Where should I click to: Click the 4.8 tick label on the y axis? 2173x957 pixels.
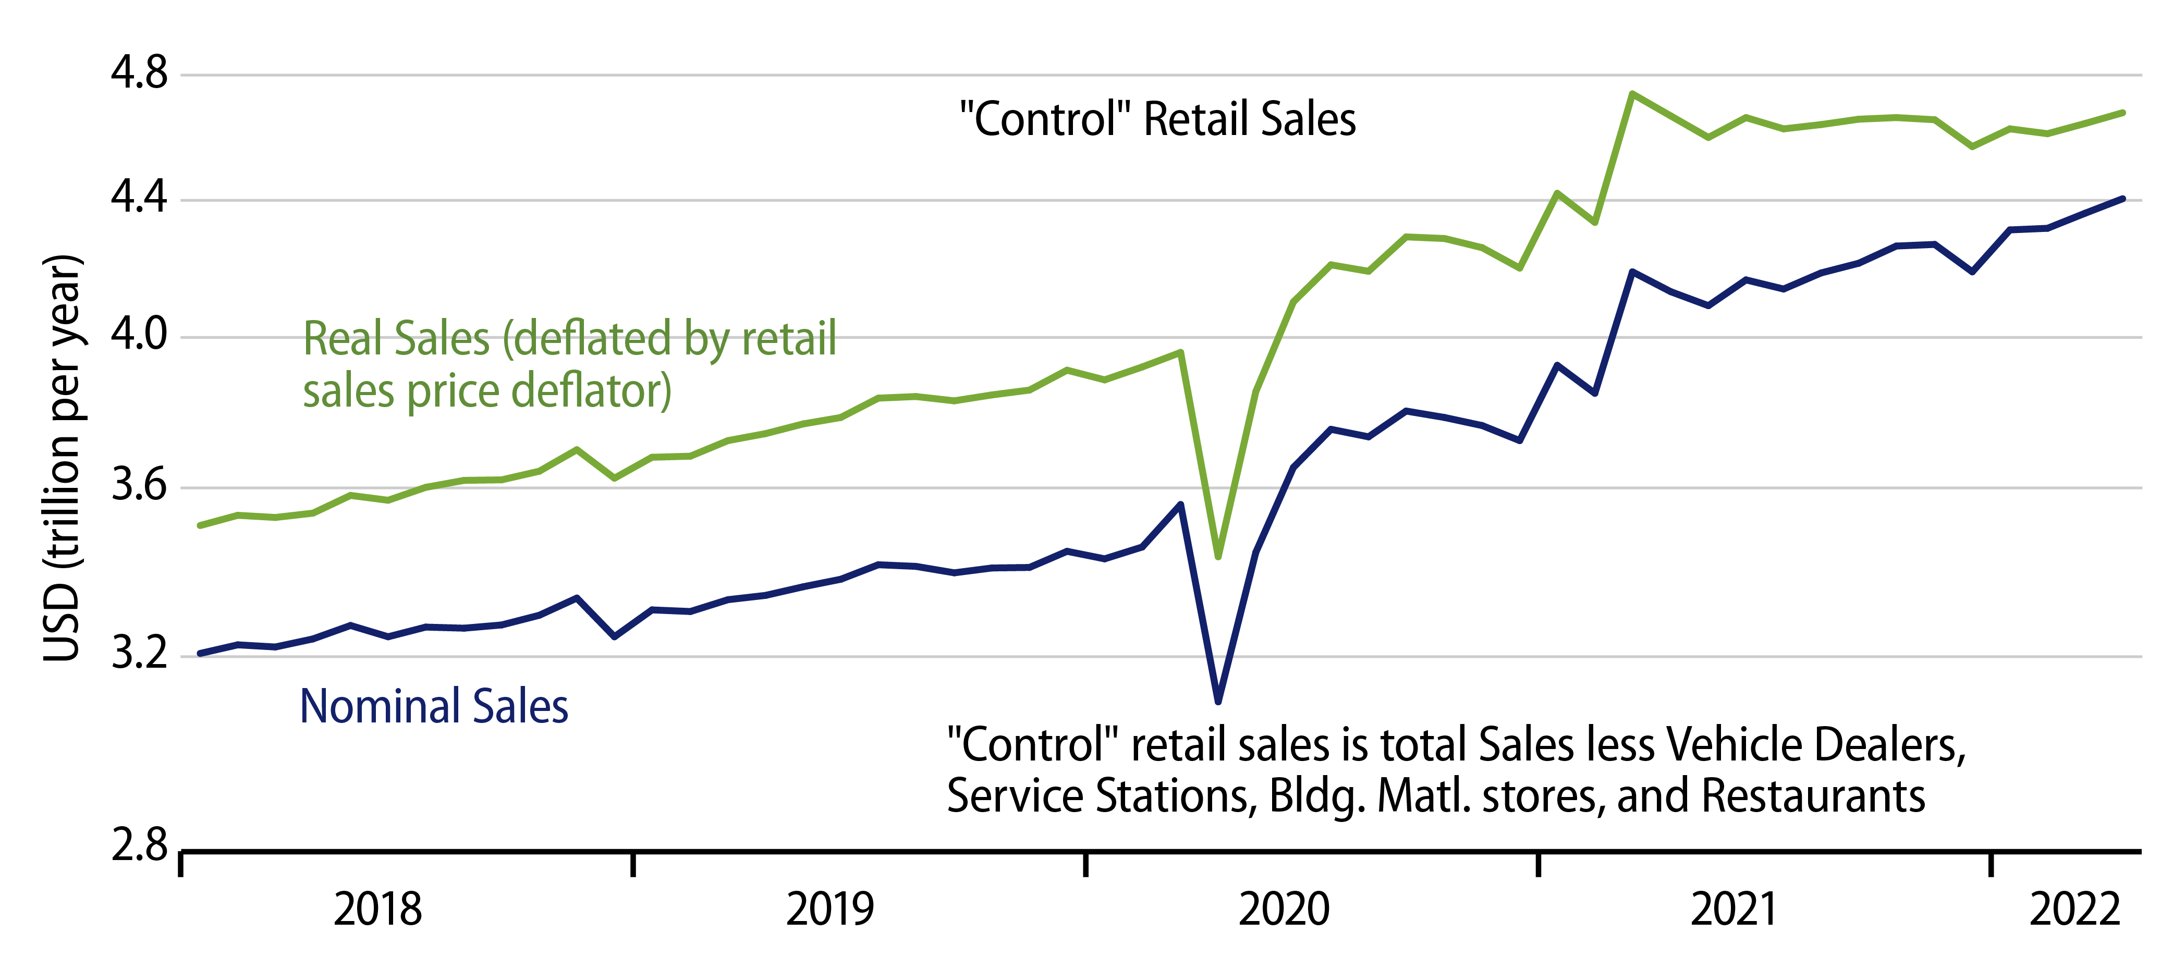pyautogui.click(x=139, y=73)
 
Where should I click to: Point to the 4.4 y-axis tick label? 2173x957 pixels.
pyautogui.click(x=139, y=199)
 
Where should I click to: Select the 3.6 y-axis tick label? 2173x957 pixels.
pyautogui.click(x=139, y=486)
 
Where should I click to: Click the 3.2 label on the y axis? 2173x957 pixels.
pyautogui.click(x=139, y=654)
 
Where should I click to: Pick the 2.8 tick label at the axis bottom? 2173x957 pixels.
pyautogui.click(x=139, y=845)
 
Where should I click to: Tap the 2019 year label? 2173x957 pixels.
pyautogui.click(x=829, y=910)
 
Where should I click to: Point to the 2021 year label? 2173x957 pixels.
pyautogui.click(x=1735, y=910)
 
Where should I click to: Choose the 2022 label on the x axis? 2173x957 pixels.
pyautogui.click(x=2074, y=910)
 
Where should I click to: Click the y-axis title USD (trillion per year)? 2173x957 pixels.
pyautogui.click(x=63, y=458)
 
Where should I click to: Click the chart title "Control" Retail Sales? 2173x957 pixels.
pyautogui.click(x=1157, y=119)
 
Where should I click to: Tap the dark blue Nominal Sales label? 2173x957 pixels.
pyautogui.click(x=434, y=707)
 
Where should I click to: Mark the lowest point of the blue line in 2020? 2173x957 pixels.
pyautogui.click(x=1218, y=701)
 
